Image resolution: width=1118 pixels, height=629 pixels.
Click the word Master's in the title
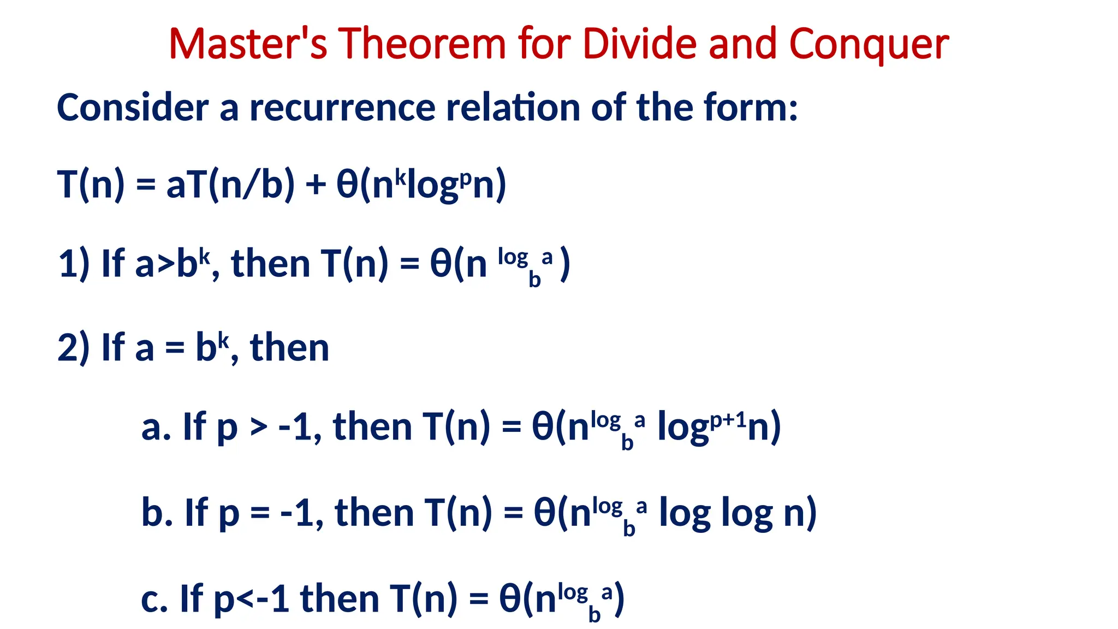click(x=248, y=44)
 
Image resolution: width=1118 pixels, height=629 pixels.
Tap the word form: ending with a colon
click(x=750, y=107)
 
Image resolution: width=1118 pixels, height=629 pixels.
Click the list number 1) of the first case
click(x=74, y=264)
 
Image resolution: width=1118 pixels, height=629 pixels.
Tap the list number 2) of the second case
click(x=74, y=348)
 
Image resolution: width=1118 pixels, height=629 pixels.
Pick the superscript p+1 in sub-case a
click(x=728, y=420)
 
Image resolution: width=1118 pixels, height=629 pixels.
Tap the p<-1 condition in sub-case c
click(x=251, y=599)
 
